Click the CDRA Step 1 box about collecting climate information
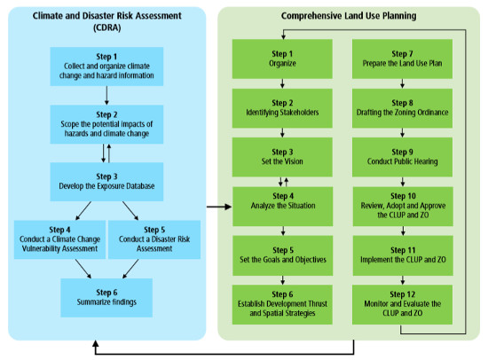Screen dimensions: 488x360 point(106,67)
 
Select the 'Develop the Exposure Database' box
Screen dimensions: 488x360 point(106,182)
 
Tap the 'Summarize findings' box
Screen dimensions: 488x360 point(106,298)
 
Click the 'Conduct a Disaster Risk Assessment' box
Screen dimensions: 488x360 point(154,239)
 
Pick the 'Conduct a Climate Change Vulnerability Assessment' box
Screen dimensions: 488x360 point(59,239)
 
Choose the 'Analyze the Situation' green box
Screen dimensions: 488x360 point(282,207)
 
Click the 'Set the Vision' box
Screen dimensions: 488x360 point(282,157)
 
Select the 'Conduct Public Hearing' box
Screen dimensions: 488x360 point(402,157)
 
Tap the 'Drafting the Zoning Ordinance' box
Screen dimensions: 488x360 point(402,108)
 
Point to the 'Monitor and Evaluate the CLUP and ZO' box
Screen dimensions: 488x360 point(402,305)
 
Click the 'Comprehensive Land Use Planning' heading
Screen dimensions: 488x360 point(349,16)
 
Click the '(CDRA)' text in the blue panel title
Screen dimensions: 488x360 point(106,27)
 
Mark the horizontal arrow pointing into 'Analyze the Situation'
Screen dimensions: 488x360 point(219,207)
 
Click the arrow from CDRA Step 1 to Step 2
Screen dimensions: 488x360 point(106,95)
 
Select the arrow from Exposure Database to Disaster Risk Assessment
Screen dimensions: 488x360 point(130,211)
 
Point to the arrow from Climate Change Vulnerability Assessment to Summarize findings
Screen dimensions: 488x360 point(83,269)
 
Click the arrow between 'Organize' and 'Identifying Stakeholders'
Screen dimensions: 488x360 point(282,83)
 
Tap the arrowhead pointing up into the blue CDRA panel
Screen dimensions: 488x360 point(96,343)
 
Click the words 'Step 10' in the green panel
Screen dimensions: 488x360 point(403,196)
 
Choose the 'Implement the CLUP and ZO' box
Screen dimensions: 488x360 point(403,255)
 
